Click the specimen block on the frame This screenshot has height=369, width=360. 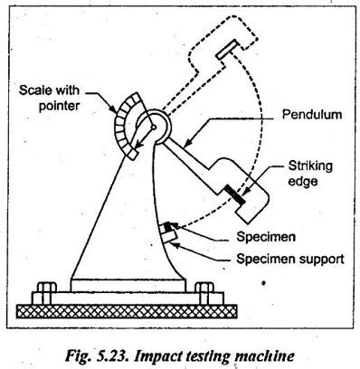(169, 233)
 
